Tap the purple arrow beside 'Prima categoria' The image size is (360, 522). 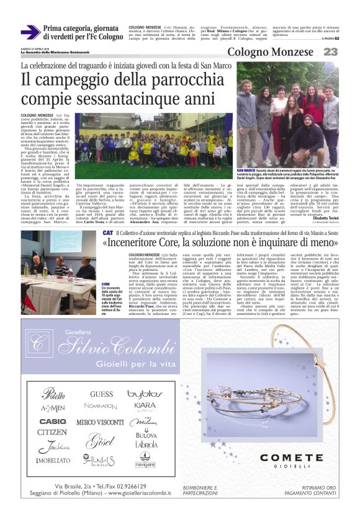coord(29,32)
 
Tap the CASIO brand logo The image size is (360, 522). coord(53,421)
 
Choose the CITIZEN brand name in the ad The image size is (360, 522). coord(52,432)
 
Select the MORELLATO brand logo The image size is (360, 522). coord(53,461)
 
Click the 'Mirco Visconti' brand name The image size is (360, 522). coord(100,422)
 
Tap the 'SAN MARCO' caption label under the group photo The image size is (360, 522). coord(246,170)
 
